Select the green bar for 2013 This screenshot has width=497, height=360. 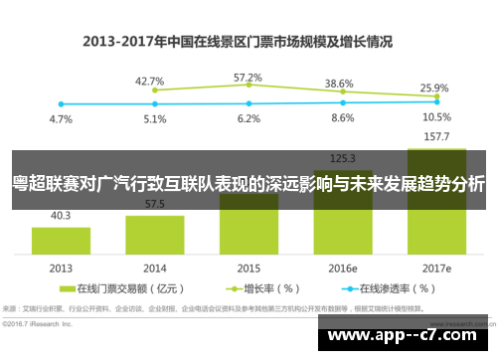61,240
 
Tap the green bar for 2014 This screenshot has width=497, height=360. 154,235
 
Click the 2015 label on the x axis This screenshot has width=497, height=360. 248,269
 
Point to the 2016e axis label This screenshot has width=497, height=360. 342,269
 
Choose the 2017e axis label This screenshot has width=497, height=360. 434,269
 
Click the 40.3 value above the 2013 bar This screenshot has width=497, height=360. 61,215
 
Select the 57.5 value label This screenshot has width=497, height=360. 154,204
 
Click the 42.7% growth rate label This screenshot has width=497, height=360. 149,81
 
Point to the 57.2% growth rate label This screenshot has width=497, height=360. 248,77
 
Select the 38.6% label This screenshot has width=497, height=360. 340,84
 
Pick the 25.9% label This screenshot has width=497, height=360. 434,88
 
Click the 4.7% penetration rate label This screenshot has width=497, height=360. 61,118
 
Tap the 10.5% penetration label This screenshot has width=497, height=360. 435,116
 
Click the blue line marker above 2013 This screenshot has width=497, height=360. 61,103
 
